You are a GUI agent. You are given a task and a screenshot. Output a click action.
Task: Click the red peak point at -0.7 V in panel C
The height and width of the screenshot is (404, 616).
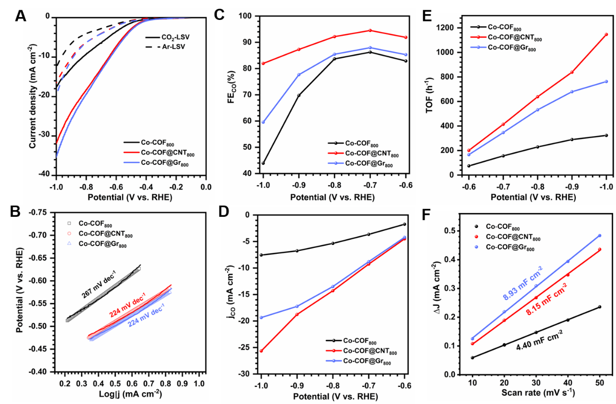pyautogui.click(x=370, y=30)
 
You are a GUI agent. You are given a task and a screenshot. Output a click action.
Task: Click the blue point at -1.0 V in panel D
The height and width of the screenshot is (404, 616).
pyautogui.click(x=261, y=317)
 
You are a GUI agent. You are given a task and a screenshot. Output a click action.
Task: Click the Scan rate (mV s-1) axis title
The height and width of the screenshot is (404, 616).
pyautogui.click(x=533, y=392)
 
